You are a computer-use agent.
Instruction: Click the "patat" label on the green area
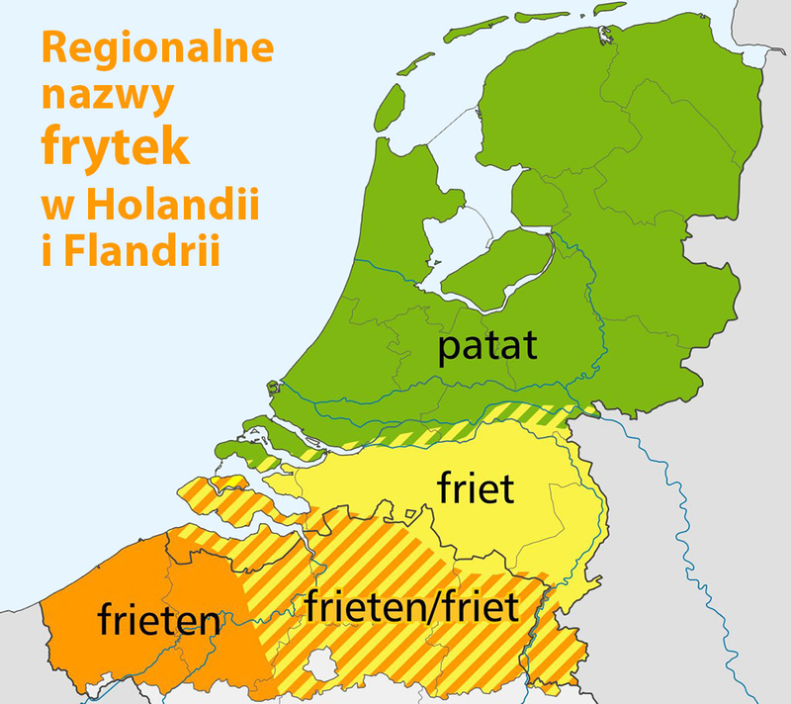point(488,348)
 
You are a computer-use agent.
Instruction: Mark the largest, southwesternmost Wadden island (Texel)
point(391,108)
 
